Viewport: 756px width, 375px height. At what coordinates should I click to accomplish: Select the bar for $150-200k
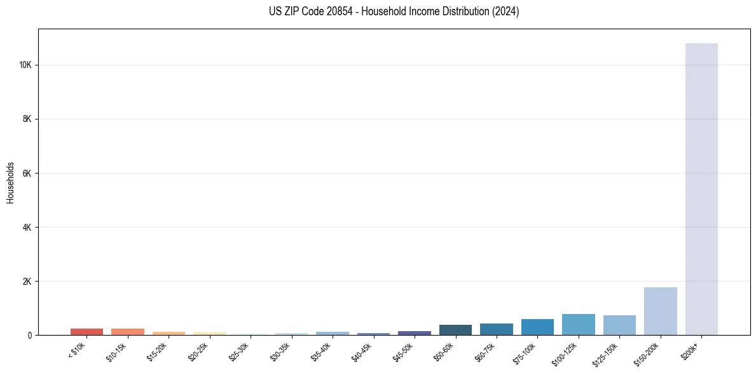(x=660, y=311)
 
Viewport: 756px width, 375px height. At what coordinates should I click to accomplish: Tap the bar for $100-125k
(x=578, y=324)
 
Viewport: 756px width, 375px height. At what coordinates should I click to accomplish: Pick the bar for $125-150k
(x=619, y=325)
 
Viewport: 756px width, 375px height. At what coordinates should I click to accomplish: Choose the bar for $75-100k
(x=537, y=327)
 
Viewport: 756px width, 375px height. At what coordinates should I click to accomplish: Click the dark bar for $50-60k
(x=455, y=330)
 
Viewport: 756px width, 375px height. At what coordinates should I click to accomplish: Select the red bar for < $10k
(x=86, y=332)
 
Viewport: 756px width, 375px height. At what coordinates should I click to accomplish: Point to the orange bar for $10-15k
(x=128, y=332)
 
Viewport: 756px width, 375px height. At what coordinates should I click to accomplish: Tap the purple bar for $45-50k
(x=415, y=333)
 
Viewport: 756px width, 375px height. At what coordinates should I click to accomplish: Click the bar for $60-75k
(x=497, y=329)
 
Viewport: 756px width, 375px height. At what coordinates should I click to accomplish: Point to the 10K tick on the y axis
(x=27, y=65)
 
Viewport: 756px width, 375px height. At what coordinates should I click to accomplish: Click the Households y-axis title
(x=11, y=182)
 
